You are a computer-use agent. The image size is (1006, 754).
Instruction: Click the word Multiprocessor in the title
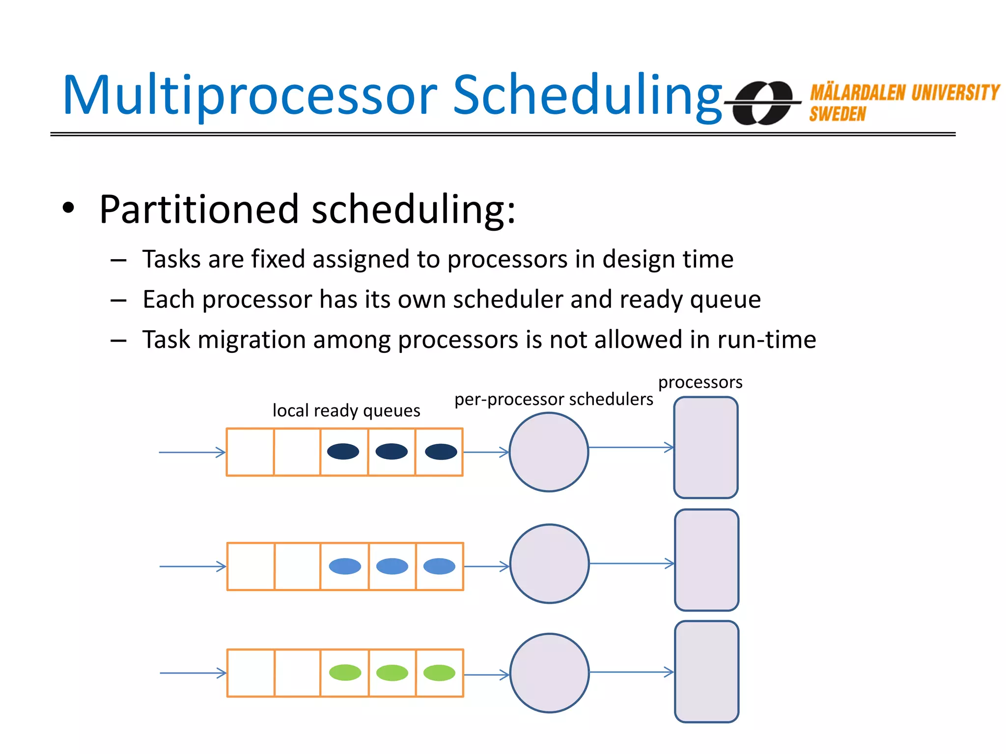(x=250, y=96)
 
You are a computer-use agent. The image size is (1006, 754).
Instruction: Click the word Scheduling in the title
(x=587, y=96)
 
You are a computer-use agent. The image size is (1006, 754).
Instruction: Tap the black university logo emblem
(x=762, y=103)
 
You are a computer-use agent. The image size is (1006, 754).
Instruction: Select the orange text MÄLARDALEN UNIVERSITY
(x=904, y=93)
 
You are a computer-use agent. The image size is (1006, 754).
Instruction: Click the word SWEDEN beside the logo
(x=838, y=114)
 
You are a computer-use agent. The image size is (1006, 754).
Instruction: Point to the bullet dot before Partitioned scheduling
(x=68, y=208)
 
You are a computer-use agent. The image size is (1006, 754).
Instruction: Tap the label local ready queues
(x=346, y=410)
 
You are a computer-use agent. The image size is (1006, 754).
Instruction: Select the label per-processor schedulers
(x=554, y=399)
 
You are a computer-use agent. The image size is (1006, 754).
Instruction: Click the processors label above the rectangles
(x=700, y=382)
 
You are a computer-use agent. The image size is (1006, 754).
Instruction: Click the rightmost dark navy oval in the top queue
(x=441, y=452)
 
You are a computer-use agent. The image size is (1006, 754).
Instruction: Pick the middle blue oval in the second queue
(x=392, y=566)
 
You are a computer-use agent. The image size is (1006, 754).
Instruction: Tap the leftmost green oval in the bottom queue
(x=345, y=673)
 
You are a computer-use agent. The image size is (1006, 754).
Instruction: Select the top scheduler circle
(x=549, y=452)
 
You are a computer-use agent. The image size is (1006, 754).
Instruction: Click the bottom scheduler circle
(x=549, y=673)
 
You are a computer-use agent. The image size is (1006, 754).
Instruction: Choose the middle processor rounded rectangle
(x=706, y=560)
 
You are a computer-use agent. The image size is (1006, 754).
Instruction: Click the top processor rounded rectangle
(x=706, y=448)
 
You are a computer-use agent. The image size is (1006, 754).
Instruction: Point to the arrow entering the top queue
(x=192, y=452)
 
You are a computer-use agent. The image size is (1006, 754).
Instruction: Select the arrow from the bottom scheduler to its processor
(x=631, y=672)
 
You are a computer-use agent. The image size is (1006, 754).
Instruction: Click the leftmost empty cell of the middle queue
(x=251, y=566)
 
